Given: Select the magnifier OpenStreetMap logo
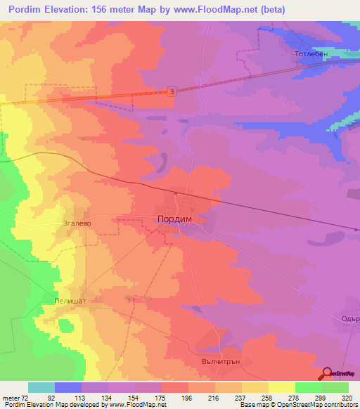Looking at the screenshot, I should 326,373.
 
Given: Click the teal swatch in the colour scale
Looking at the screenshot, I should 41,387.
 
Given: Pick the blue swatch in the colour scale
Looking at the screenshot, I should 68,387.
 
